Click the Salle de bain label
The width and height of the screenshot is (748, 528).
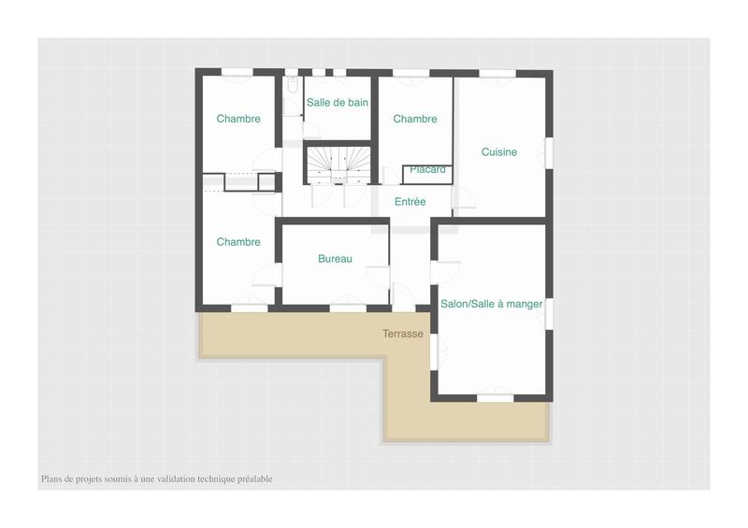[338, 103]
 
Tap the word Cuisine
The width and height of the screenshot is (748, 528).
[499, 152]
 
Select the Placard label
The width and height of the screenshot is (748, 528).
[427, 170]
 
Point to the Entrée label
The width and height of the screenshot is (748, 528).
[410, 202]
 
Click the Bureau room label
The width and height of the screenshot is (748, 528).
[335, 259]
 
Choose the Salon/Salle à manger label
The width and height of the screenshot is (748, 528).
[491, 304]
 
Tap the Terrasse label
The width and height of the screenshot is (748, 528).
[403, 334]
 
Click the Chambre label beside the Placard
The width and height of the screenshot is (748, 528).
[415, 119]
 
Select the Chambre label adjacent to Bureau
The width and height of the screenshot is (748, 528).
[238, 242]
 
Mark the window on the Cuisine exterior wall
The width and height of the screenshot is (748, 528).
[549, 152]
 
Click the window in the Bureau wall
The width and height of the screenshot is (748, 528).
[348, 307]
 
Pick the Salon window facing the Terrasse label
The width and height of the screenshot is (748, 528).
[434, 350]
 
